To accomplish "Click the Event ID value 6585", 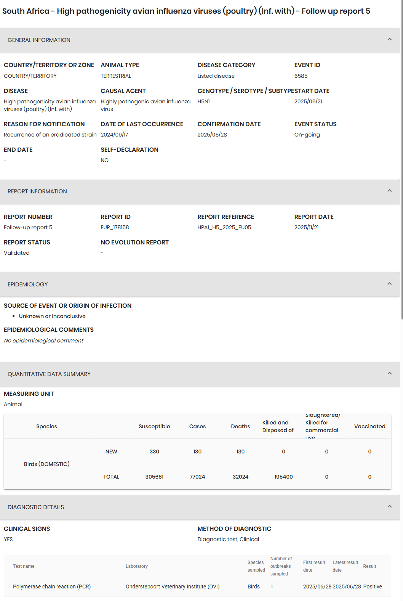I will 301,76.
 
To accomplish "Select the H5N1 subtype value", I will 203,101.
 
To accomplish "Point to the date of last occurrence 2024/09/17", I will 114,135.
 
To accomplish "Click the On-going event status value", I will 307,135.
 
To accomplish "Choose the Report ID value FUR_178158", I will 115,227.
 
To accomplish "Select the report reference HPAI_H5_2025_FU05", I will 224,227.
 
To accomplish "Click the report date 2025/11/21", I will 306,227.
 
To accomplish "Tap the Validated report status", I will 17,253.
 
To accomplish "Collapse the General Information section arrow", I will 389,39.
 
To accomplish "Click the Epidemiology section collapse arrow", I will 389,284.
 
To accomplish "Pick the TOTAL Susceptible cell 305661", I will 154,477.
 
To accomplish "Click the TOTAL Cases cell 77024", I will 197,477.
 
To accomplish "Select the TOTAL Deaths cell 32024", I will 240,477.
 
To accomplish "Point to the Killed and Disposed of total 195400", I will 283,477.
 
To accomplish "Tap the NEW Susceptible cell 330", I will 154,452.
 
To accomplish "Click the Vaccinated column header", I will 369,426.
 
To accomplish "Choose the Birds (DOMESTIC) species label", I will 46,464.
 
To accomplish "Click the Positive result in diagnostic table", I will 373,587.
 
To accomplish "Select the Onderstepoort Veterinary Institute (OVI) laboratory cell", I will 173,587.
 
